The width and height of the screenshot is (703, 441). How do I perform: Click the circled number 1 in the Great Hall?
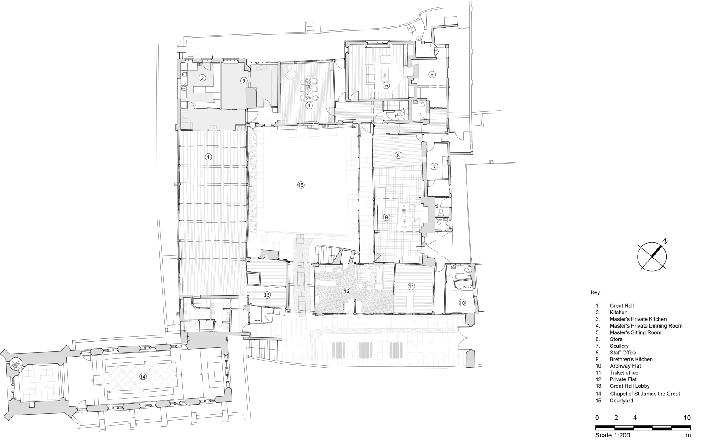click(x=209, y=157)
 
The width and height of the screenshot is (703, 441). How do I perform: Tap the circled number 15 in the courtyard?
click(x=301, y=185)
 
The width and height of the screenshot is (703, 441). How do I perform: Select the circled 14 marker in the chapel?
click(x=142, y=376)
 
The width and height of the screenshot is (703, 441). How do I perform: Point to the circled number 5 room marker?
click(x=386, y=85)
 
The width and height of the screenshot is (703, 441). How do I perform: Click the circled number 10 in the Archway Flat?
click(x=462, y=303)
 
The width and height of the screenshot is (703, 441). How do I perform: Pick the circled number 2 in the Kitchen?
click(x=202, y=78)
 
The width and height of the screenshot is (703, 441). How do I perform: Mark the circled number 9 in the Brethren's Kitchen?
click(x=386, y=217)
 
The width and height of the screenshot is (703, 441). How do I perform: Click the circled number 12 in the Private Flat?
click(x=347, y=291)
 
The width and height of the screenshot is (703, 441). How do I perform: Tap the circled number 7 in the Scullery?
click(x=434, y=167)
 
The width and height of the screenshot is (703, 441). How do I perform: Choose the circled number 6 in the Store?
click(x=432, y=74)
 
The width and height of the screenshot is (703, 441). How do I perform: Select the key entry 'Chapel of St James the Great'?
click(x=645, y=394)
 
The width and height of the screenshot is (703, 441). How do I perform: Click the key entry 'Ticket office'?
click(x=624, y=372)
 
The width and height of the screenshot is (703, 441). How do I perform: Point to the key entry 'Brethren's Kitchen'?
click(x=631, y=359)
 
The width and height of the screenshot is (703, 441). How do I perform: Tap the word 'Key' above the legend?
click(x=596, y=292)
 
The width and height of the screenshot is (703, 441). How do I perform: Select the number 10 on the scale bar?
click(x=687, y=418)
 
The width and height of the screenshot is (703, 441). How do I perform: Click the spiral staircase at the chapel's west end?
click(x=16, y=364)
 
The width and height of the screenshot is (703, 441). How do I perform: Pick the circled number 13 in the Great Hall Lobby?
click(x=267, y=295)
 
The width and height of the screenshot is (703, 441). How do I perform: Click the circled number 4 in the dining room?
click(x=309, y=106)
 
